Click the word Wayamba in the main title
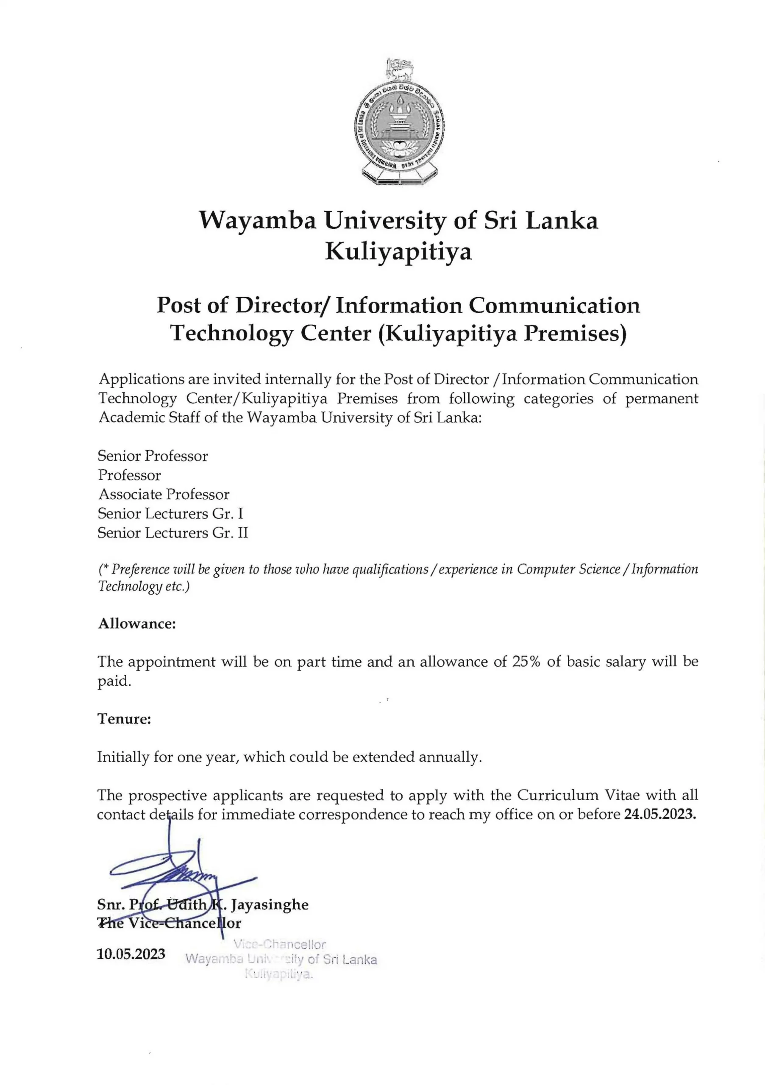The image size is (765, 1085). pyautogui.click(x=258, y=221)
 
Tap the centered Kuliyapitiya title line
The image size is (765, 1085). pyautogui.click(x=398, y=251)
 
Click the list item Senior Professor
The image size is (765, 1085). pyautogui.click(x=153, y=456)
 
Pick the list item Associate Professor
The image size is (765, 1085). pyautogui.click(x=164, y=494)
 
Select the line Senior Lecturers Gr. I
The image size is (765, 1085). pyautogui.click(x=170, y=514)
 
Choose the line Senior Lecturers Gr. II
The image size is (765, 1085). pyautogui.click(x=172, y=533)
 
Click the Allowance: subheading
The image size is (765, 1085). pyautogui.click(x=136, y=624)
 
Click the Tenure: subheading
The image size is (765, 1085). pyautogui.click(x=124, y=719)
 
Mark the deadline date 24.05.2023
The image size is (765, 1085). pyautogui.click(x=659, y=815)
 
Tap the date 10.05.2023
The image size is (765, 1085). pyautogui.click(x=131, y=954)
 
